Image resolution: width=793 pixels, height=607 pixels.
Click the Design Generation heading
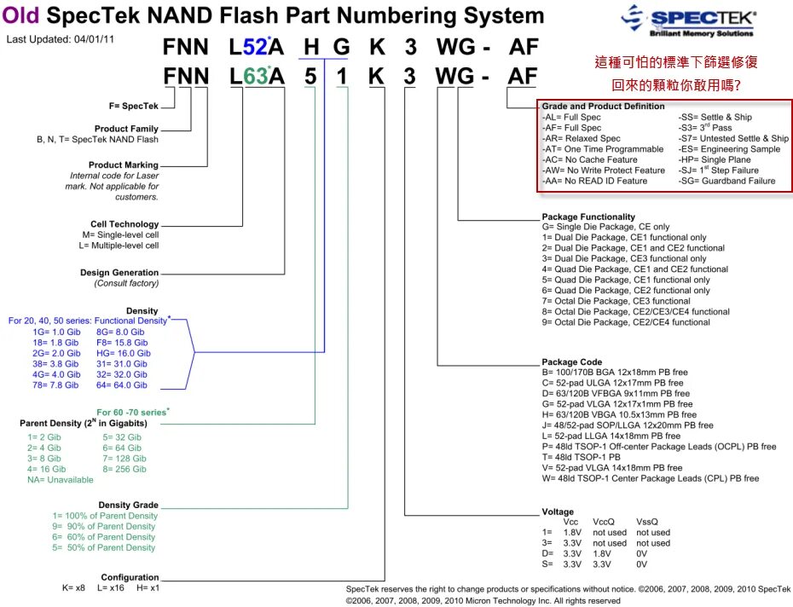tap(119, 273)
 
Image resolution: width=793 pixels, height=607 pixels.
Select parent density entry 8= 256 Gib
tap(124, 469)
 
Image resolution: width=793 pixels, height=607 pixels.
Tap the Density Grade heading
tap(128, 505)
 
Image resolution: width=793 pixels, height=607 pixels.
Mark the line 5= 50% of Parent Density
tap(104, 547)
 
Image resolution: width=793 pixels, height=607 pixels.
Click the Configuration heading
tap(130, 577)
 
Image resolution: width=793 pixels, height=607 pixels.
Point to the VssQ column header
tap(647, 522)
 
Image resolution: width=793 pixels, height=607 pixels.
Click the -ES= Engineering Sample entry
tap(728, 149)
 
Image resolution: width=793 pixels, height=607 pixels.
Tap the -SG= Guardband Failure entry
tap(726, 181)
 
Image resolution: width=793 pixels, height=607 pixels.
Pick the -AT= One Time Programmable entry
tap(602, 149)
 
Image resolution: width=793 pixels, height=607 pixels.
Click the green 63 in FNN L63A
tap(256, 76)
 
